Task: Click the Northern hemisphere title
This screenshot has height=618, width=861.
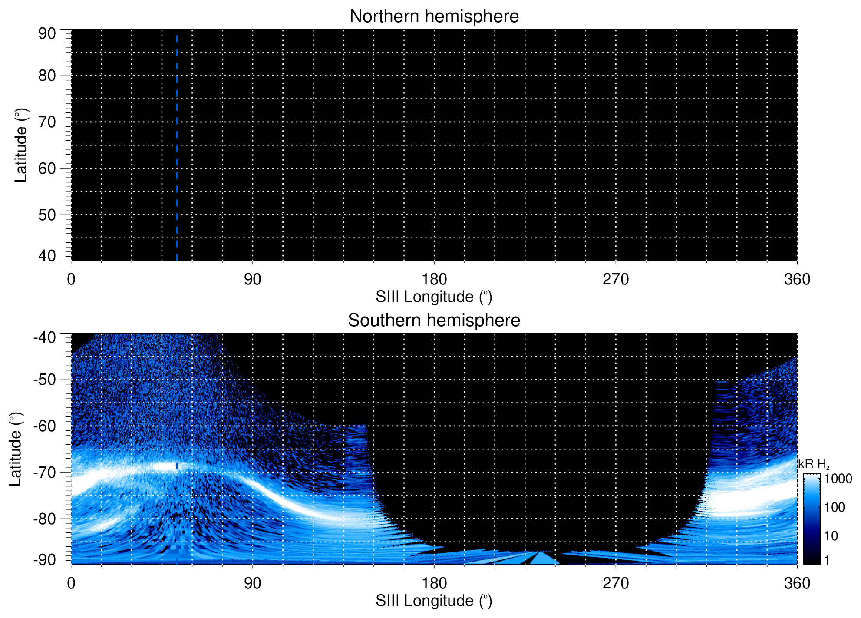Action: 434,17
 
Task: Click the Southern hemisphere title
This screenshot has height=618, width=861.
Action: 434,321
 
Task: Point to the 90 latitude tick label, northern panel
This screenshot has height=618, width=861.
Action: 47,34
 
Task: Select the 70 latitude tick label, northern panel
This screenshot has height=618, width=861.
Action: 47,122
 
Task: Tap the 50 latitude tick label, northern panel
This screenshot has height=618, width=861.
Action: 47,215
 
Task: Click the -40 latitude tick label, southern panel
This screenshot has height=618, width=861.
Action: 44,337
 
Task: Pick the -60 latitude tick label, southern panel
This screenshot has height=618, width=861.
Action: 44,426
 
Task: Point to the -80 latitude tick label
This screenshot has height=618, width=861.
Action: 44,519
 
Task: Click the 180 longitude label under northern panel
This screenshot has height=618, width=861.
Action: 434,279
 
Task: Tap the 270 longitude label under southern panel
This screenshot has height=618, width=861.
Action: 615,583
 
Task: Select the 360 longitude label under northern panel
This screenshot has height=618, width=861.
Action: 797,279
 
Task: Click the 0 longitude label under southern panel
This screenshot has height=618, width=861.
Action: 71,583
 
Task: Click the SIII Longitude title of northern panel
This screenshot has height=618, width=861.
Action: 434,297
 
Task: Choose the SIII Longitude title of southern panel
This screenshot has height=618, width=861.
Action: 434,601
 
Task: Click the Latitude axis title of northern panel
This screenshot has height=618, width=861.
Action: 21,145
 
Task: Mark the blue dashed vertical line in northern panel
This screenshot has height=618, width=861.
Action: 177,148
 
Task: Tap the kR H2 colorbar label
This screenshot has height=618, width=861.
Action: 814,464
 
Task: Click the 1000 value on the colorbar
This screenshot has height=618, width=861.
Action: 838,479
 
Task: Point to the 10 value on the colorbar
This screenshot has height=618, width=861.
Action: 831,536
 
